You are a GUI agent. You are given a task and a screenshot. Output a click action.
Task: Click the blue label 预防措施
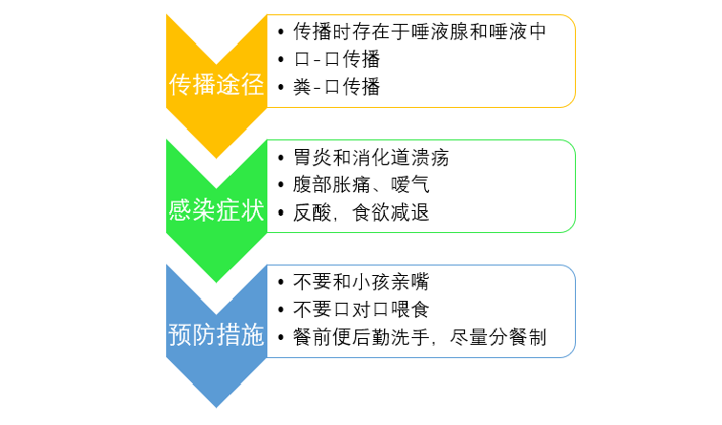click(x=216, y=336)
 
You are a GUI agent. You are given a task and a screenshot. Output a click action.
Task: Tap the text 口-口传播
click(x=337, y=59)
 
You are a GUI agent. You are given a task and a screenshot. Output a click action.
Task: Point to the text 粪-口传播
click(x=337, y=88)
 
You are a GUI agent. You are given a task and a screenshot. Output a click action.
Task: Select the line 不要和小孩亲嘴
click(x=361, y=283)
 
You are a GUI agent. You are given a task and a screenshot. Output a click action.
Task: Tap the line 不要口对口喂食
click(x=361, y=310)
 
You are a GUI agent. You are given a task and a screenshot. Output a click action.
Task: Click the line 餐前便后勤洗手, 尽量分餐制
click(x=420, y=338)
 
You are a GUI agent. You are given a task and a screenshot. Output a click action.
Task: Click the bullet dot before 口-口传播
click(x=279, y=60)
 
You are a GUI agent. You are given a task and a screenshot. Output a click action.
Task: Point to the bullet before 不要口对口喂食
click(x=279, y=311)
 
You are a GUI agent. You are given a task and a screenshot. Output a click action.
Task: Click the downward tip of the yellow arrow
click(x=216, y=156)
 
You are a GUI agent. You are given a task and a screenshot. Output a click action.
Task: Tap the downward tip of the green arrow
click(x=216, y=281)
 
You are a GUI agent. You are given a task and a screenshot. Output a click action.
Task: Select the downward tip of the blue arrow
click(x=216, y=406)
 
